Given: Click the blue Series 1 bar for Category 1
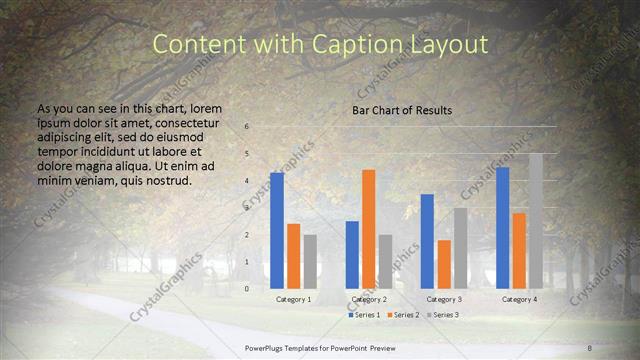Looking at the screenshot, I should coord(277,231).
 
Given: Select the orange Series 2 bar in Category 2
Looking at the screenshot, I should coord(369,229).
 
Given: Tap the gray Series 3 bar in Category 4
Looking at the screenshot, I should coord(536,221).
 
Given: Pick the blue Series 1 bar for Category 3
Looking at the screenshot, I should coord(427,241).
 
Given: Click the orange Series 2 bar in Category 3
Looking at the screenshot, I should coord(444,264).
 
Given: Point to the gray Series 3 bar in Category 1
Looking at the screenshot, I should coord(310,261).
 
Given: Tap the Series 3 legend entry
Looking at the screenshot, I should coord(444,315).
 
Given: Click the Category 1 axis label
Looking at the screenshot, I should coord(293,299).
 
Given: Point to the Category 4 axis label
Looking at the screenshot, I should coord(519,299).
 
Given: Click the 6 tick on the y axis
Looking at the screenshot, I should coord(247,127).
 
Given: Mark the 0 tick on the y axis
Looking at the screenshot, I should coord(247,289).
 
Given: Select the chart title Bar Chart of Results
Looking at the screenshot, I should coord(402,110).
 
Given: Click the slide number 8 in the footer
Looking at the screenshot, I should coord(589,346).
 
